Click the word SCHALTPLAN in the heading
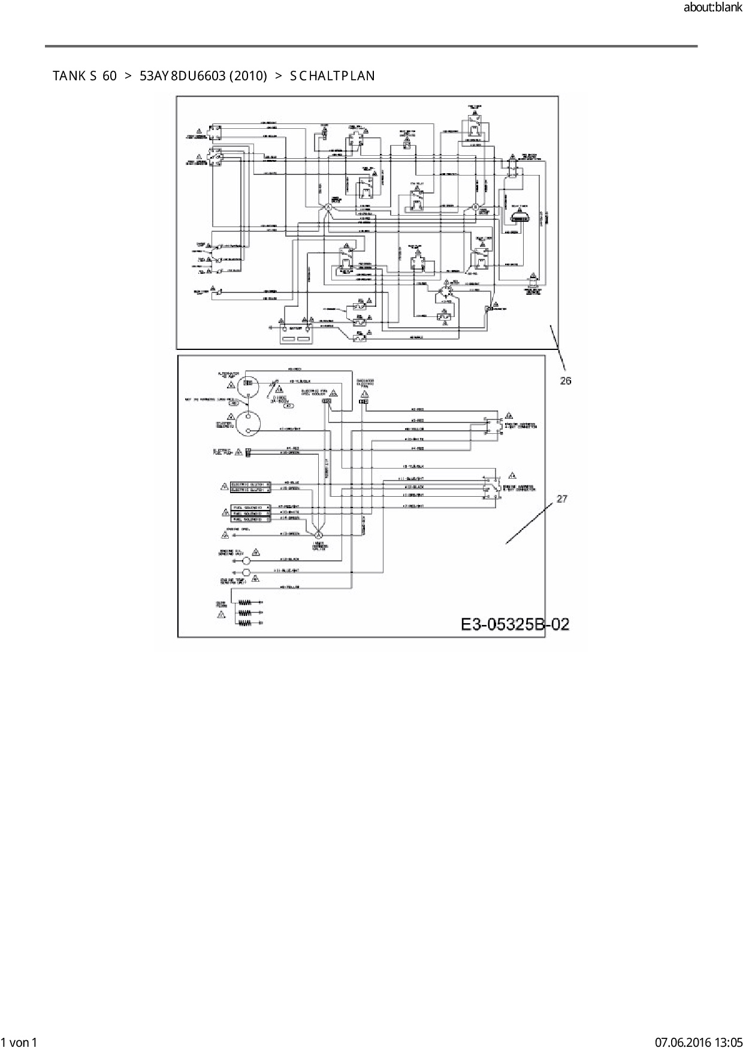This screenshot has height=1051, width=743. tap(333, 76)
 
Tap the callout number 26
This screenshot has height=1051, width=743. tap(566, 380)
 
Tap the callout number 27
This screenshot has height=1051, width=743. tap(561, 499)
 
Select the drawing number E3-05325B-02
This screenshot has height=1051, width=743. tap(515, 624)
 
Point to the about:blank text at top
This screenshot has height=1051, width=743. tap(712, 8)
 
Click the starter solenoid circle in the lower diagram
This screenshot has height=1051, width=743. tap(248, 424)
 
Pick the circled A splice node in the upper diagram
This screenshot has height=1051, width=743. tap(328, 207)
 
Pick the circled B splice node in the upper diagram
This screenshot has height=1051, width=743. tap(475, 207)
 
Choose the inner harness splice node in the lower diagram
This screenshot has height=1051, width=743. tap(319, 534)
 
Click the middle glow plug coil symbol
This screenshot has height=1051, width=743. tap(244, 612)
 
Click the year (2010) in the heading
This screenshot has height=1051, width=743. tap(248, 76)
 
